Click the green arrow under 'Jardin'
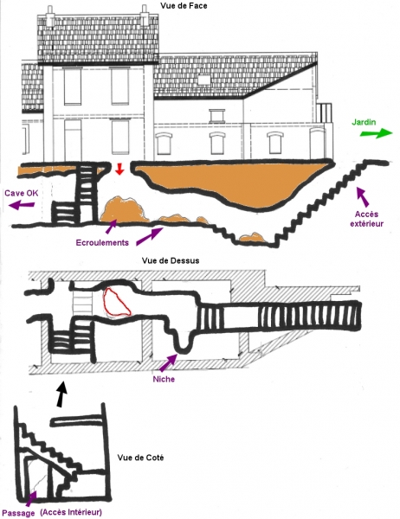pos(377,133)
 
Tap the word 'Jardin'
pos(364,122)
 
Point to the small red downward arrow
pos(119,170)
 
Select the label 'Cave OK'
pos(22,193)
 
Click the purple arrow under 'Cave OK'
pos(22,205)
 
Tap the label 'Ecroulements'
pos(102,242)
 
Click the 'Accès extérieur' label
pos(367,219)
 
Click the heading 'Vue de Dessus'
pos(171,260)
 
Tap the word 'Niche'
pos(164,379)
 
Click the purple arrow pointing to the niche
pos(168,362)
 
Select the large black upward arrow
pos(61,394)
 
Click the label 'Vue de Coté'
pos(140,458)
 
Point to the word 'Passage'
pos(21,513)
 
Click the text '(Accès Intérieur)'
pos(71,512)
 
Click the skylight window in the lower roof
pos(203,80)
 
